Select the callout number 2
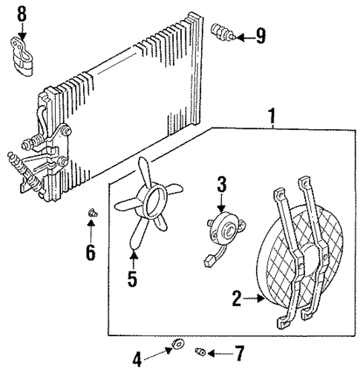click(237, 300)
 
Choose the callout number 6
click(90, 252)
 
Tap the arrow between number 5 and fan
click(134, 260)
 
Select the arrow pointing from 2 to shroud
click(255, 300)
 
